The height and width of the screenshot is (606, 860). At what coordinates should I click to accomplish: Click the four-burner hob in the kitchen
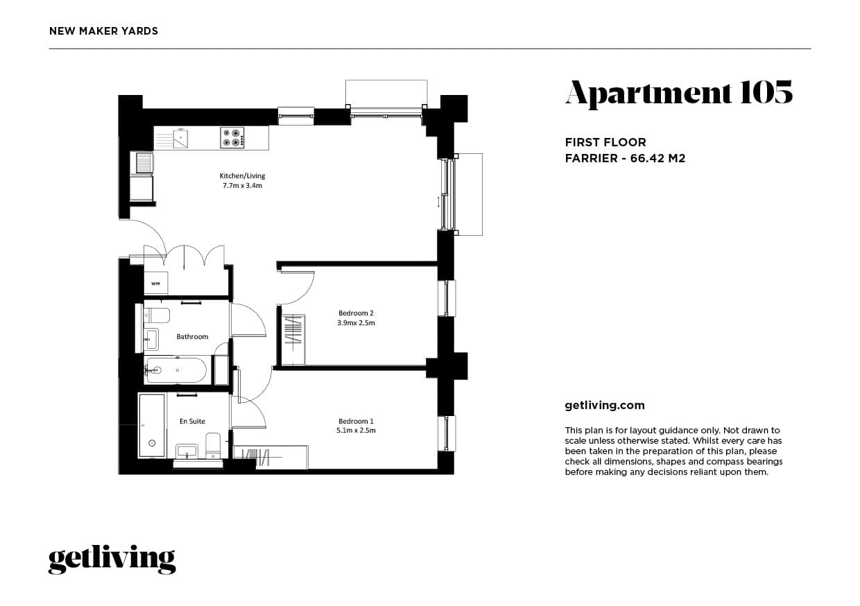[232, 138]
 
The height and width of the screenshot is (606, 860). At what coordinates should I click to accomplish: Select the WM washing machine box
[155, 284]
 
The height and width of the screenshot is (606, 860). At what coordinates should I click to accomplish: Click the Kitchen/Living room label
[242, 176]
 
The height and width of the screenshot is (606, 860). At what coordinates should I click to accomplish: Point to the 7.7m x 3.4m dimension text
[242, 186]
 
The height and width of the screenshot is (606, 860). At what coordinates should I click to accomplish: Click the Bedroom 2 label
[356, 313]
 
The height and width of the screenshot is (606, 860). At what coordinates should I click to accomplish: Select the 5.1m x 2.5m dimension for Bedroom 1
[356, 431]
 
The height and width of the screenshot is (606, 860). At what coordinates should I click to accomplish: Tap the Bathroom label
[192, 337]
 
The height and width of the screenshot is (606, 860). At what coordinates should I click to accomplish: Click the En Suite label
[192, 421]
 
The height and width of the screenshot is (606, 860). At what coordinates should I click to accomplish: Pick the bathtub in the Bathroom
[176, 370]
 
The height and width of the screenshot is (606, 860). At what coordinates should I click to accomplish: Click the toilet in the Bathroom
[157, 316]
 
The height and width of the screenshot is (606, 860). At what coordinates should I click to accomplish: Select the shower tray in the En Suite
[152, 426]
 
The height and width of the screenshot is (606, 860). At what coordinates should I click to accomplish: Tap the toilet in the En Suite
[213, 444]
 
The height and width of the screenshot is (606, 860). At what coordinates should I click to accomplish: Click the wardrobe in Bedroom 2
[294, 340]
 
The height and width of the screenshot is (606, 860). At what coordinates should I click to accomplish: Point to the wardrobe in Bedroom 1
[270, 457]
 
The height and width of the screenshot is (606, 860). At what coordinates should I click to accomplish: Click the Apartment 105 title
[678, 94]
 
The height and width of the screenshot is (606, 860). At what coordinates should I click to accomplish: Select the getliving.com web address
[605, 406]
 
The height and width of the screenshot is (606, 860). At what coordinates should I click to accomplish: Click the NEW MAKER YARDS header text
[104, 31]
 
